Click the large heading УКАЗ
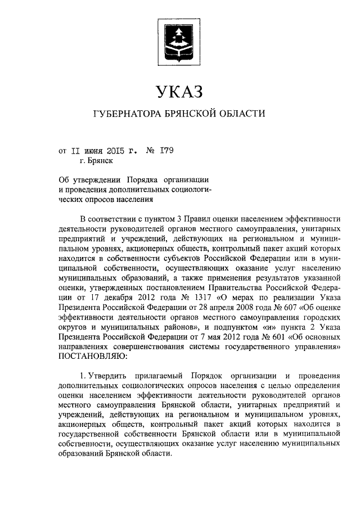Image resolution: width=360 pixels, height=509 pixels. tap(179, 90)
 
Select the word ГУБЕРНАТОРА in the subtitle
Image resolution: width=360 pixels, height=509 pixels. tap(125, 114)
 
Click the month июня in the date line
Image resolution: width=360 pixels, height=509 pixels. tap(93, 151)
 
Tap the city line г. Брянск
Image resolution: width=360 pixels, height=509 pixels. tap(96, 161)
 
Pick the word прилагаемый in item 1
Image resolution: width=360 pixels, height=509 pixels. tap(159, 375)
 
